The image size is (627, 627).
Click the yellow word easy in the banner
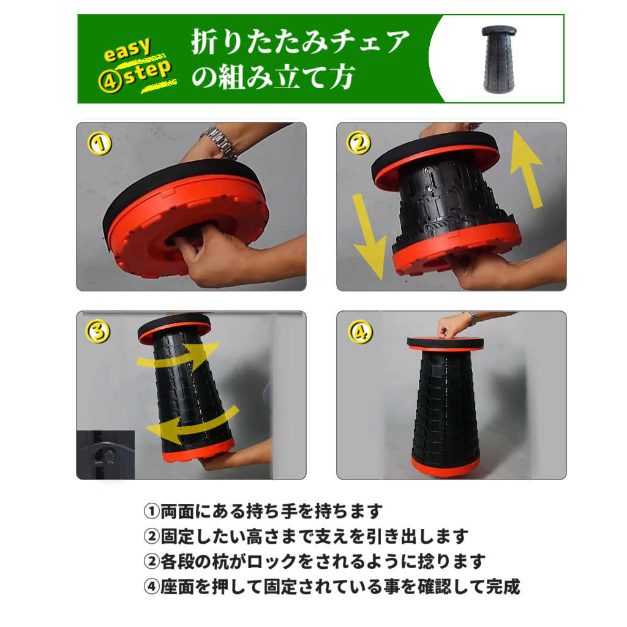tap(127, 50)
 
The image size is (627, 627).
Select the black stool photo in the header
tap(498, 59)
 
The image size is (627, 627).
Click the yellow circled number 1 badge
tap(100, 143)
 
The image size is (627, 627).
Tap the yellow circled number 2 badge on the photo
tap(359, 143)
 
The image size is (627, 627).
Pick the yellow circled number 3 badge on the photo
tap(99, 331)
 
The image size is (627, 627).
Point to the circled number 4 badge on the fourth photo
tap(360, 332)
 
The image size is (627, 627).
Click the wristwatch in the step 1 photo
tap(220, 143)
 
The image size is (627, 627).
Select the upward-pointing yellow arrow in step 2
tap(527, 168)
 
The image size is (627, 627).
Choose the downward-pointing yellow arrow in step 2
tap(369, 237)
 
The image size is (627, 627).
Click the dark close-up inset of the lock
tap(105, 455)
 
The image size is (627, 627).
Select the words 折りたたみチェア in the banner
tap(301, 42)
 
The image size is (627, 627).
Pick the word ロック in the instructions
tap(271, 561)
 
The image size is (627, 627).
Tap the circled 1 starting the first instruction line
tap(152, 511)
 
